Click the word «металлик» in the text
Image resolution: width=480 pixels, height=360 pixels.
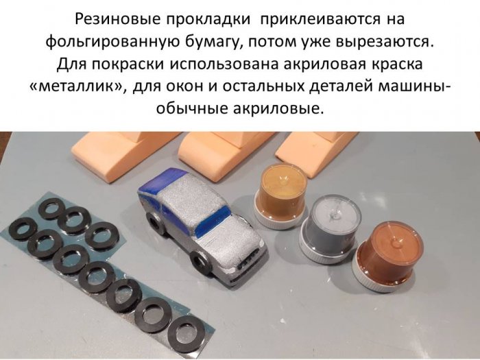pos(77,86)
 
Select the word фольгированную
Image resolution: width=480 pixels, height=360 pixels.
pos(112,43)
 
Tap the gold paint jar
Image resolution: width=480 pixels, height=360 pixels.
pos(280,196)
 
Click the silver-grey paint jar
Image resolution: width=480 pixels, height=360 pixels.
pos(330,230)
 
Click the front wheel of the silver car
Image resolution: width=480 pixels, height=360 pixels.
pos(200,263)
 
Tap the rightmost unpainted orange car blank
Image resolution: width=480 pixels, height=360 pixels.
pos(315,152)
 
